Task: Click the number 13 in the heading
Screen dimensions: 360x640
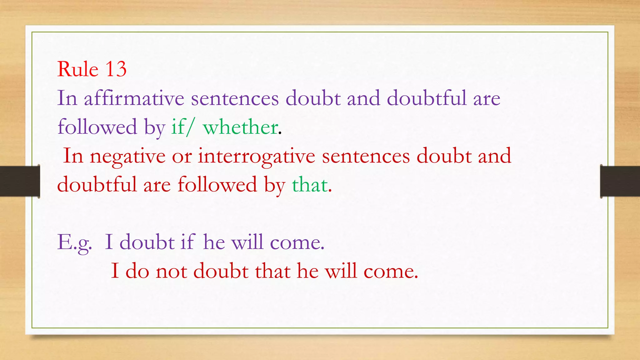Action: (116, 69)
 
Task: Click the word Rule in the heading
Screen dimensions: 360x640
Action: (78, 69)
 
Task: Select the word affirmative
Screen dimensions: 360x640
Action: (134, 98)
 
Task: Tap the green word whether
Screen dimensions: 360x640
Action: (240, 127)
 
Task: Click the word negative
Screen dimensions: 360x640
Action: (127, 156)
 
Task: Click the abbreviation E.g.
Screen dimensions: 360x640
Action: (75, 243)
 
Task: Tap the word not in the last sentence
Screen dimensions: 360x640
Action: (171, 271)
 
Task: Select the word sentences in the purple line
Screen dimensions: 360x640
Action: (235, 98)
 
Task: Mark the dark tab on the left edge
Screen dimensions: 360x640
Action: (20, 181)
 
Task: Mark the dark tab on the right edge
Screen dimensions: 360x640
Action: (620, 181)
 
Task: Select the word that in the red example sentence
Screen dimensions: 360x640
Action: (272, 271)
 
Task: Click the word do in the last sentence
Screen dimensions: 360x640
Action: (137, 271)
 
